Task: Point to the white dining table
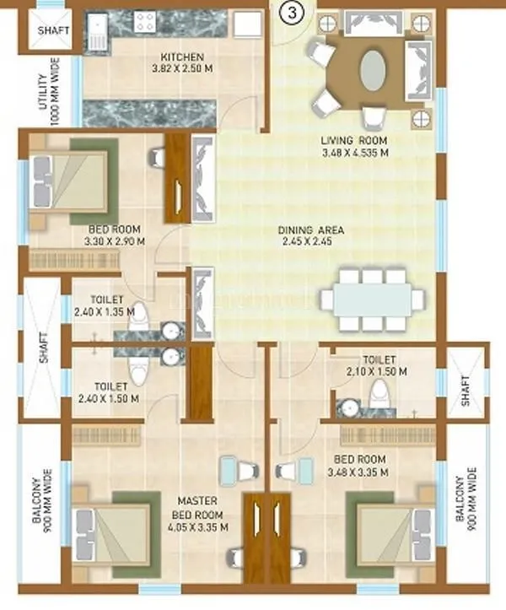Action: [x=372, y=300]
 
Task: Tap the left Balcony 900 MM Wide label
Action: [x=41, y=505]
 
